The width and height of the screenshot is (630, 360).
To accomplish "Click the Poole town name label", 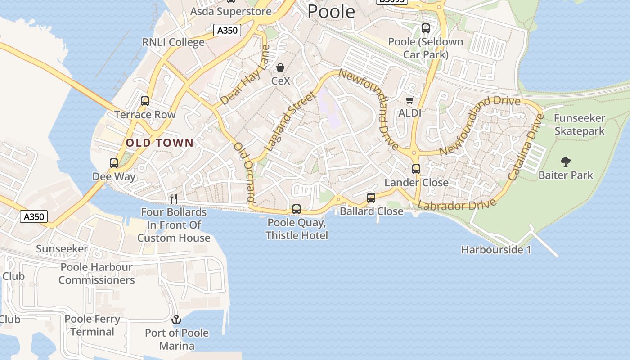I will (331, 11).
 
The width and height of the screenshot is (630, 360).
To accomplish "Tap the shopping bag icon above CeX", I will (280, 67).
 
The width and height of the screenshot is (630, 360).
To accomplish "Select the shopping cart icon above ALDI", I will (409, 100).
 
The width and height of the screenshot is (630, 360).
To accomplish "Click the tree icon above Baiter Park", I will (565, 162).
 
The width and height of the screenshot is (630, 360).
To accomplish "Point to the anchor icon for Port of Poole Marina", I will (176, 319).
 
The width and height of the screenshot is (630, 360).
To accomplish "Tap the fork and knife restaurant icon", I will (174, 198).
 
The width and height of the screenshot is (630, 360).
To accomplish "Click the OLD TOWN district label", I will (160, 143).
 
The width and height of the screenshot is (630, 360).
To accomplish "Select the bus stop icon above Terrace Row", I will (145, 101).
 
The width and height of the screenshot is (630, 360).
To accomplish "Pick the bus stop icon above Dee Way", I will (114, 163).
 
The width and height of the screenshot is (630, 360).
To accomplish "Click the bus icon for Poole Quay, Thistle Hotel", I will (297, 209).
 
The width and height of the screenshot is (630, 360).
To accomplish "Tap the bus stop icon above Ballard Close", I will (371, 198).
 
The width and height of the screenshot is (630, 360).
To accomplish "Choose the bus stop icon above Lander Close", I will (416, 169).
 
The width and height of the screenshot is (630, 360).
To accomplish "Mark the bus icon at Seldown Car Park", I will (426, 28).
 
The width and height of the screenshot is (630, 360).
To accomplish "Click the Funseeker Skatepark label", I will (580, 125).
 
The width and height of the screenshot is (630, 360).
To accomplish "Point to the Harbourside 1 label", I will (496, 250).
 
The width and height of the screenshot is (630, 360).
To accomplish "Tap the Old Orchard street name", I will (244, 172).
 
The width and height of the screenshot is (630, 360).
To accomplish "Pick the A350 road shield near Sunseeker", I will (34, 217).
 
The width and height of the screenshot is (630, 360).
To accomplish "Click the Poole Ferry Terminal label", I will (92, 325).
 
